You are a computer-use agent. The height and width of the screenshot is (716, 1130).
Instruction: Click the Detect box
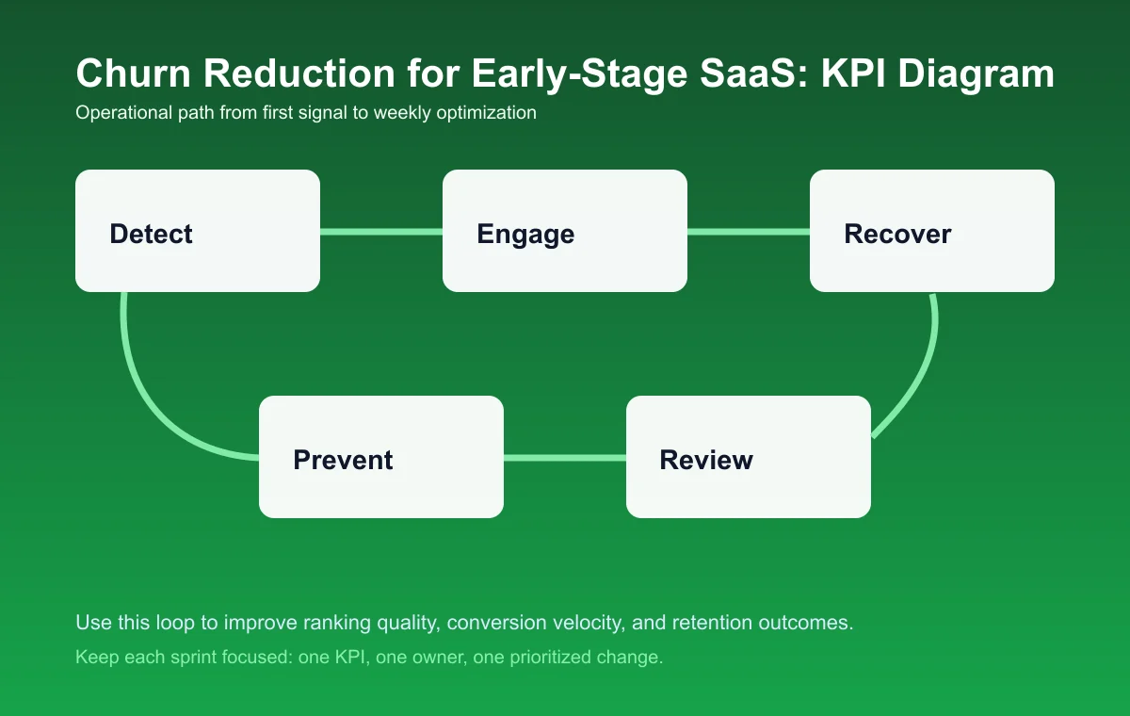198,231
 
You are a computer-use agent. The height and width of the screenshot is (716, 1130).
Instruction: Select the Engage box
565,231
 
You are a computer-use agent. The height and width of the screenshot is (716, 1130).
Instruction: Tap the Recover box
932,231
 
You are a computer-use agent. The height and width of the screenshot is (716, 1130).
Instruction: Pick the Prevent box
381,457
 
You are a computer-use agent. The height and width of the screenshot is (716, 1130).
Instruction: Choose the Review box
749,457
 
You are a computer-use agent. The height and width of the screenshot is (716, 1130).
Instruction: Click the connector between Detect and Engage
381,231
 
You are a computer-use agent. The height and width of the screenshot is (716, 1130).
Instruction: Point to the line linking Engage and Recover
749,231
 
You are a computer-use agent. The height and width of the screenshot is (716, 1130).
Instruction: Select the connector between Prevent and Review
565,458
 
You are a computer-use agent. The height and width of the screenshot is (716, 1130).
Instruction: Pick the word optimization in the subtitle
487,113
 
